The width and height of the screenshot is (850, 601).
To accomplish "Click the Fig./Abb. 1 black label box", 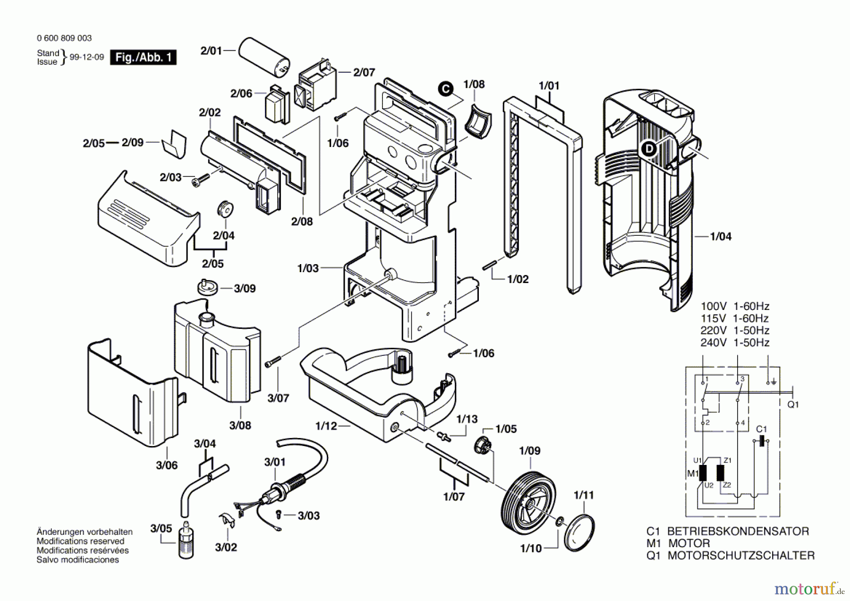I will [143, 58].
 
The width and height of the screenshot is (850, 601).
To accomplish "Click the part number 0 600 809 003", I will [64, 38].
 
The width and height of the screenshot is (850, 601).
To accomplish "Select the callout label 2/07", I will [364, 72].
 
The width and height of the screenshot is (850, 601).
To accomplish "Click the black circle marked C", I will [445, 89].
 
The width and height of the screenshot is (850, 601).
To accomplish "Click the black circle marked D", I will [649, 149].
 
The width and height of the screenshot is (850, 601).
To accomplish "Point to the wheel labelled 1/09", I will [528, 501].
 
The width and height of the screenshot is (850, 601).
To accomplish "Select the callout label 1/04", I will [721, 237].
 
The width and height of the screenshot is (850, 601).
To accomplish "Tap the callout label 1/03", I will [308, 268].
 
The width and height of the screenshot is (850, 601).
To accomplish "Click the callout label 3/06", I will [167, 465].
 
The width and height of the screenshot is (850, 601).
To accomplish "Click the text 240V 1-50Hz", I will [734, 343].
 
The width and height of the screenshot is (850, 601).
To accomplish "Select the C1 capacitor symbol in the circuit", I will [761, 441].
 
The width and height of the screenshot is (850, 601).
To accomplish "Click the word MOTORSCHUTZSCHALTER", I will [740, 556].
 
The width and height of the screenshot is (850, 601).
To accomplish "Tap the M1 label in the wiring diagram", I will [692, 473].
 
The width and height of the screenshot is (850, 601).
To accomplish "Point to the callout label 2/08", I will [302, 222].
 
